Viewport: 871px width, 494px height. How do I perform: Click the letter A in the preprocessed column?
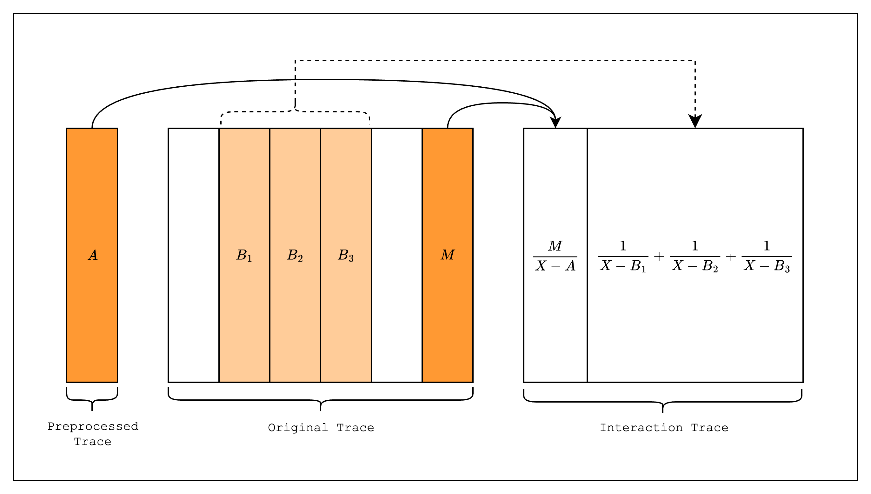tap(93, 255)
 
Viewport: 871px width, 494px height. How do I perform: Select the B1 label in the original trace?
tap(244, 255)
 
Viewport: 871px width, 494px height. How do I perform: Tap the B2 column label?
tap(295, 255)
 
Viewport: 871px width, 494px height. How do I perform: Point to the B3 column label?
tap(346, 255)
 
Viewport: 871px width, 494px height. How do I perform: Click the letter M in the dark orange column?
tap(447, 255)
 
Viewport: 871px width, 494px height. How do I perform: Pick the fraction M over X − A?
tap(555, 256)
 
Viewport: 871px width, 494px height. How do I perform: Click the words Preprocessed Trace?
tap(93, 434)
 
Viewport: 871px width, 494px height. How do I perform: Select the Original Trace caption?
tap(321, 428)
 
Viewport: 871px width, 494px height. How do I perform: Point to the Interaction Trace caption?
tap(664, 428)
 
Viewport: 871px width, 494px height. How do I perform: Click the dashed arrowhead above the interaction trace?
tap(695, 121)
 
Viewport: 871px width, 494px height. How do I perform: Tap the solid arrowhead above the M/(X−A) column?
tap(555, 122)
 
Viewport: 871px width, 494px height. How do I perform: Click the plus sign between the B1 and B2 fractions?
tap(659, 257)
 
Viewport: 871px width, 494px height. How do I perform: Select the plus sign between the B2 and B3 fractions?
tap(731, 257)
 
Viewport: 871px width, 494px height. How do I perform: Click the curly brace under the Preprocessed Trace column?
tap(92, 400)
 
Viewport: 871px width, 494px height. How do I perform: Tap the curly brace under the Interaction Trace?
tap(663, 402)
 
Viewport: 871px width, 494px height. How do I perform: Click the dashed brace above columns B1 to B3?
tap(295, 111)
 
